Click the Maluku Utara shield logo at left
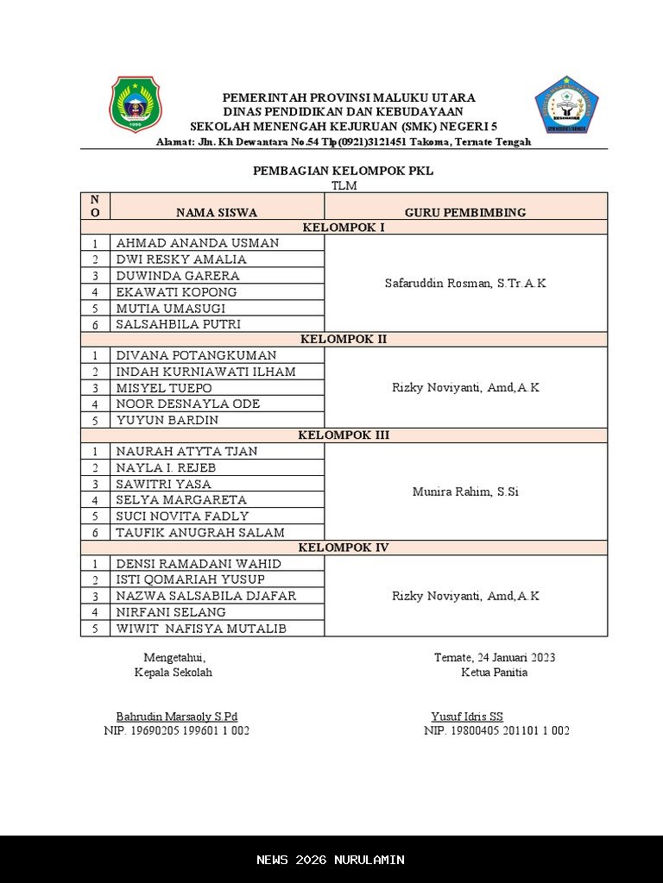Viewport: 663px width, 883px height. pyautogui.click(x=135, y=104)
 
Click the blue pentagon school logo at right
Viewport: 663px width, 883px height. pyautogui.click(x=566, y=104)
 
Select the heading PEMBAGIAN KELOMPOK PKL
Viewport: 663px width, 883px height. pyautogui.click(x=343, y=171)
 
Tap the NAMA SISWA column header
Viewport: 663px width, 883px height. pyautogui.click(x=217, y=212)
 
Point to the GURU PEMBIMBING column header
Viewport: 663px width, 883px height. pyautogui.click(x=465, y=212)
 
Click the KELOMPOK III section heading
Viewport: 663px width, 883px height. pyautogui.click(x=344, y=435)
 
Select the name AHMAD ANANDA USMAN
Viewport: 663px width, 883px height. pyautogui.click(x=198, y=243)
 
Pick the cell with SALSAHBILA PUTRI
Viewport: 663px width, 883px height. pyautogui.click(x=179, y=324)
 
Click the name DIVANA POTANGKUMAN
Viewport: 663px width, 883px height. pyautogui.click(x=197, y=355)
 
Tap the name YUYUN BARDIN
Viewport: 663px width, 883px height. pyautogui.click(x=167, y=420)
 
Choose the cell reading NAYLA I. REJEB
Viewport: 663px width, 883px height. pyautogui.click(x=166, y=467)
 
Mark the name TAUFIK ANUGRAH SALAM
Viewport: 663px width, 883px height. pyautogui.click(x=200, y=533)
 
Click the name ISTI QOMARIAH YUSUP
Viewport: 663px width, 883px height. pyautogui.click(x=191, y=579)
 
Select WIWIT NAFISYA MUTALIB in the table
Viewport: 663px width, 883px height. pyautogui.click(x=201, y=629)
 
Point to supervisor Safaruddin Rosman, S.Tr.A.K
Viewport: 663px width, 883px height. pyautogui.click(x=465, y=284)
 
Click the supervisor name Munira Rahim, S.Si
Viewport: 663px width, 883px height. pyautogui.click(x=465, y=492)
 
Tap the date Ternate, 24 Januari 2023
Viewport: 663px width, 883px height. pyautogui.click(x=495, y=657)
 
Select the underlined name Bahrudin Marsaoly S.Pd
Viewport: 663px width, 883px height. pyautogui.click(x=177, y=717)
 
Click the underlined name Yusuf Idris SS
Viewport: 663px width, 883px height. pyautogui.click(x=467, y=717)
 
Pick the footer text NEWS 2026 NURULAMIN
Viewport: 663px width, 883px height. pyautogui.click(x=331, y=860)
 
